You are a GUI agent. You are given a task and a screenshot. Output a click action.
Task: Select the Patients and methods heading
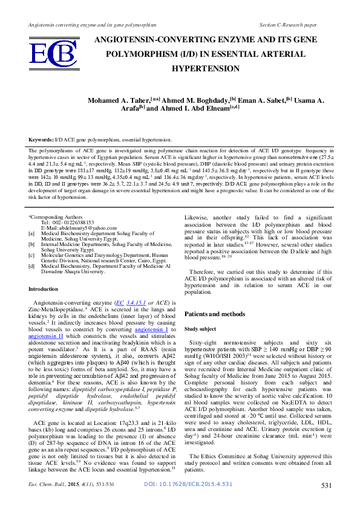click(217, 314)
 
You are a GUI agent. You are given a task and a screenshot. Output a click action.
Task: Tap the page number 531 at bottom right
click(326, 502)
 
